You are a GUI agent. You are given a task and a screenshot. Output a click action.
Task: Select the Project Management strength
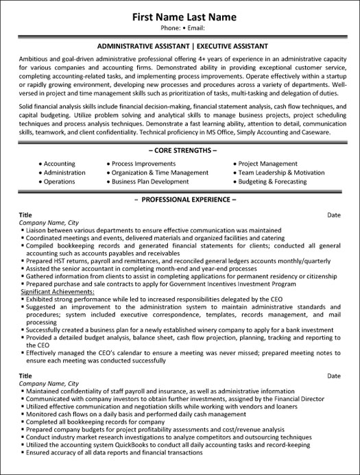pos(267,164)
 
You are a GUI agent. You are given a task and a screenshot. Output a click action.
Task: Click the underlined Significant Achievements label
pos(56,292)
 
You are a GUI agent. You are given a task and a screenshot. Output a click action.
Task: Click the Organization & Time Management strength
pos(150,173)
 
